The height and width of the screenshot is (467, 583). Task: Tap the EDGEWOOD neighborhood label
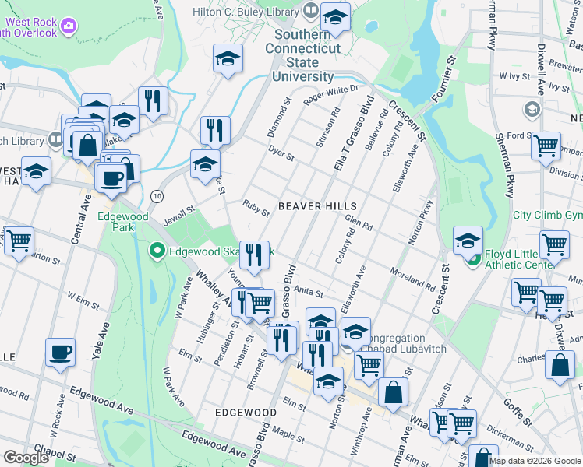[x=246, y=412]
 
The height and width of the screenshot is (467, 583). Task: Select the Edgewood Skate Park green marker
[x=156, y=251]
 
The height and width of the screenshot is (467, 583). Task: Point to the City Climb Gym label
[x=547, y=215]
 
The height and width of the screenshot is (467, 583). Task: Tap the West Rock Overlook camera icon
[x=68, y=27]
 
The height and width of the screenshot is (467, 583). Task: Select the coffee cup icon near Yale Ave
[x=60, y=353]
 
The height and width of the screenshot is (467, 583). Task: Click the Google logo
[x=26, y=458]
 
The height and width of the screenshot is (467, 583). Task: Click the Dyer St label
[x=281, y=152]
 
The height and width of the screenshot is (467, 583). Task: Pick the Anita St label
[x=308, y=290]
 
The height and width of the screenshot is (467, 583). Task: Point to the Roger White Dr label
[x=330, y=94]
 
